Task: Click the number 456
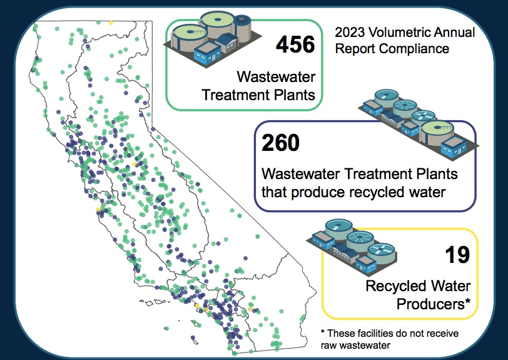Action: click(x=295, y=44)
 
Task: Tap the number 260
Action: click(x=280, y=143)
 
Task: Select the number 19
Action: click(x=457, y=255)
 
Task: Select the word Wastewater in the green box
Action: click(x=276, y=77)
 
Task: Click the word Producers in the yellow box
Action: click(x=431, y=304)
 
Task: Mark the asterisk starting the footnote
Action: click(x=323, y=332)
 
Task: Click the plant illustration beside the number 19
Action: click(x=352, y=247)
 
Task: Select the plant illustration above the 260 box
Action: click(x=419, y=124)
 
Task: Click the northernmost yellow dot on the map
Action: click(x=111, y=23)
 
